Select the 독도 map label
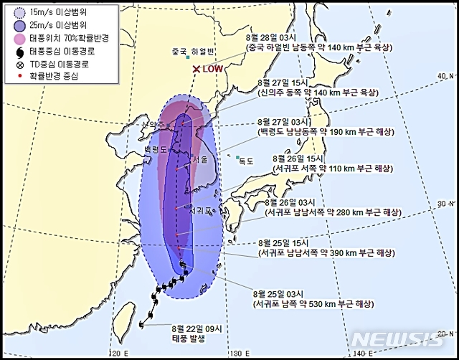[246, 161]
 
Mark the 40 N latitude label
[446, 75]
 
